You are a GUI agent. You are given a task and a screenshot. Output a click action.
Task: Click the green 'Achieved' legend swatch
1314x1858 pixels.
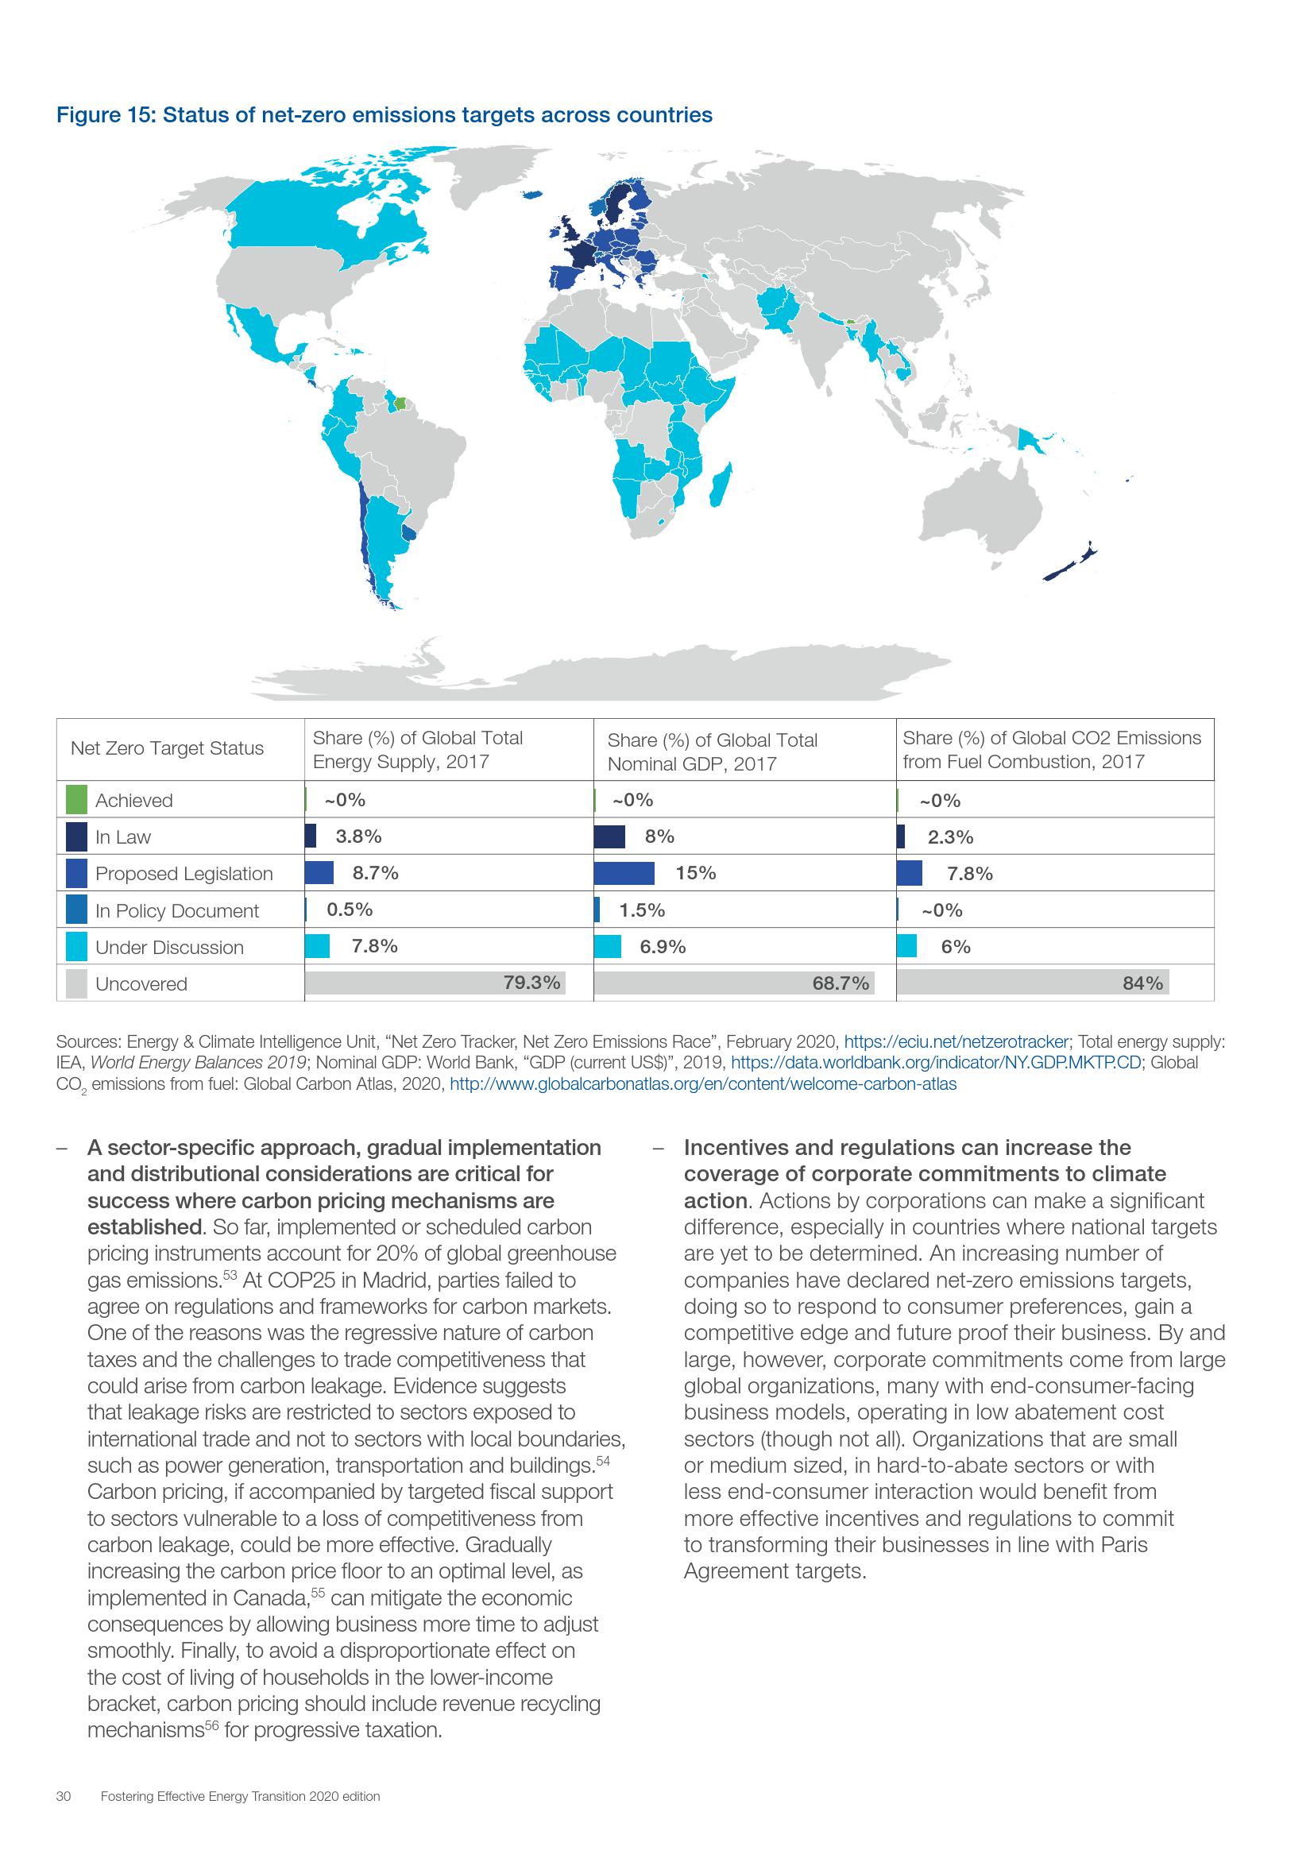pos(76,800)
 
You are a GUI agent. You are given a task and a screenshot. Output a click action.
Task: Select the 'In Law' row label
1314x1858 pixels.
pos(123,836)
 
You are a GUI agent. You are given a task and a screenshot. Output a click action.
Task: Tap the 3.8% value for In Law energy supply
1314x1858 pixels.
pos(358,836)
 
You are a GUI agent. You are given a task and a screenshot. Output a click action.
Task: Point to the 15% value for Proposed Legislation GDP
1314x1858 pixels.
pos(696,872)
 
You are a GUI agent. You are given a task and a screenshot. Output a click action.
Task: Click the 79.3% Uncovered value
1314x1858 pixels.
pos(531,983)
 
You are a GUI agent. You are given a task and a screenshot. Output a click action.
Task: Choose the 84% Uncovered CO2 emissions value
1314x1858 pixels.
pos(1142,983)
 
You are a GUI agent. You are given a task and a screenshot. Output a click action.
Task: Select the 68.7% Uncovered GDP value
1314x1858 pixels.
pos(840,983)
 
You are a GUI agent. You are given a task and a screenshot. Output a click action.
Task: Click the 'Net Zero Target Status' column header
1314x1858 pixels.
pos(167,747)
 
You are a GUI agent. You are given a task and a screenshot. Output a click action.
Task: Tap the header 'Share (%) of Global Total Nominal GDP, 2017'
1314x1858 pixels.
pos(712,751)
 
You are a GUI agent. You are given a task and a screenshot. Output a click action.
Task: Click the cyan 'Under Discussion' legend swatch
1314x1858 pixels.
pos(76,947)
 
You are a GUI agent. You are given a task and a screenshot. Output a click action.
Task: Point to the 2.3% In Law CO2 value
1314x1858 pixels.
pos(950,836)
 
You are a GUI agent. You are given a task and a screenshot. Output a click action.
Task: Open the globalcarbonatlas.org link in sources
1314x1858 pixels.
pos(702,1084)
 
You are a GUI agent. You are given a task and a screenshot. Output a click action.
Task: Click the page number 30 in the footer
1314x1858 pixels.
pos(64,1818)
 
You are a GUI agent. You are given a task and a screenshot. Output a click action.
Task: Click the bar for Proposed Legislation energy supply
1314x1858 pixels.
pos(319,872)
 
